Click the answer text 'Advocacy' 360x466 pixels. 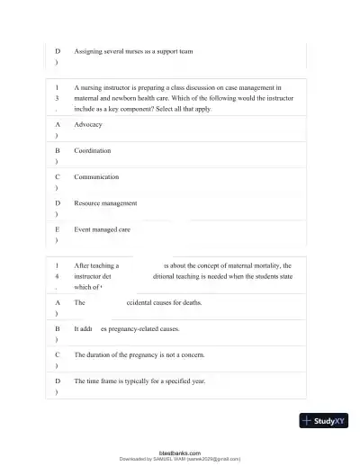[88, 124]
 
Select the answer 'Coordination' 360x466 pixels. [93, 150]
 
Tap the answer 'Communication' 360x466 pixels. [96, 177]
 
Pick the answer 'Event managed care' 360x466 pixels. [102, 229]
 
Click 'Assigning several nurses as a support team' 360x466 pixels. [133, 51]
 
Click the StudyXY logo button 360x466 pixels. [324, 420]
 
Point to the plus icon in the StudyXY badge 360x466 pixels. [308, 420]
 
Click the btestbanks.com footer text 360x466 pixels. [180, 453]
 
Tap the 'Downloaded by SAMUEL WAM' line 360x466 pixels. [180, 459]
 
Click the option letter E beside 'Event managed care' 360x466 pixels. [58, 229]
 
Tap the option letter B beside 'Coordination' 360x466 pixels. [58, 150]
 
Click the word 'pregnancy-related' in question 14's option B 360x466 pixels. [136, 329]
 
